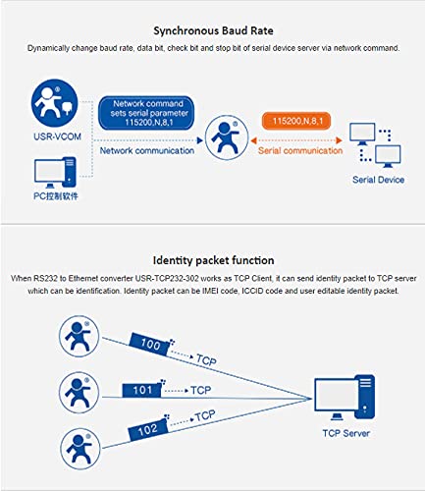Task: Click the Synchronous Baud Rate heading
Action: pyautogui.click(x=213, y=30)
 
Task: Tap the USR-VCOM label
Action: pyautogui.click(x=57, y=136)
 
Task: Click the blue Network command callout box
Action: pyautogui.click(x=146, y=113)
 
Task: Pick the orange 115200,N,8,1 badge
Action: pyautogui.click(x=296, y=121)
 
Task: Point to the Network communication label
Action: pyautogui.click(x=147, y=150)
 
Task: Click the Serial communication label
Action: pyautogui.click(x=300, y=150)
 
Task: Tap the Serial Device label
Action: pyautogui.click(x=378, y=180)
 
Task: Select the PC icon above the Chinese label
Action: pyautogui.click(x=55, y=173)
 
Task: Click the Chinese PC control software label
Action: pyautogui.click(x=56, y=196)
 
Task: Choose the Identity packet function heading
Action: pyautogui.click(x=213, y=260)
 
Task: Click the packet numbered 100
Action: pyautogui.click(x=150, y=345)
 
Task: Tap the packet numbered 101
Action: pyautogui.click(x=142, y=390)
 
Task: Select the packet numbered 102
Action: pyautogui.click(x=148, y=429)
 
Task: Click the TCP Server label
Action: pyautogui.click(x=346, y=433)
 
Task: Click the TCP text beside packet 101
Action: pyautogui.click(x=201, y=390)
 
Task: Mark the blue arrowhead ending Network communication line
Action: pyautogui.click(x=199, y=140)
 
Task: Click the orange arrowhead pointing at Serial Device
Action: pyautogui.click(x=340, y=140)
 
